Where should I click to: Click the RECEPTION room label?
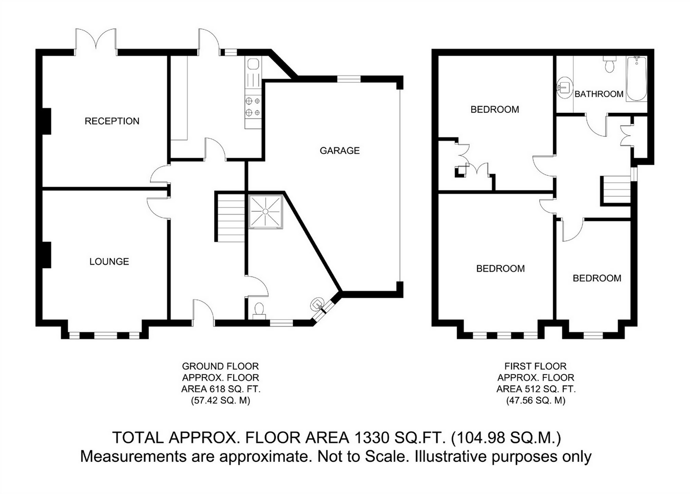112,121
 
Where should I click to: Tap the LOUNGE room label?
109,262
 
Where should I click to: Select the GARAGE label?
339,151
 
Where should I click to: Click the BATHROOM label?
599,94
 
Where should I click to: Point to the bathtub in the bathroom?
636,79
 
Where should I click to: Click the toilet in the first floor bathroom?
609,64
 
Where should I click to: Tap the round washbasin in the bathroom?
565,87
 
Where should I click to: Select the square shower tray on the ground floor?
265,212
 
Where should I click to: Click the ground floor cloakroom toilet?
259,311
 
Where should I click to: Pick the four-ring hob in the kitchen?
253,106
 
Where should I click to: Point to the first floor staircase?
616,190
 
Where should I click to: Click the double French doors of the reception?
96,41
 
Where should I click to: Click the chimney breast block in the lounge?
47,255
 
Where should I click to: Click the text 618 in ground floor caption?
216,389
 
